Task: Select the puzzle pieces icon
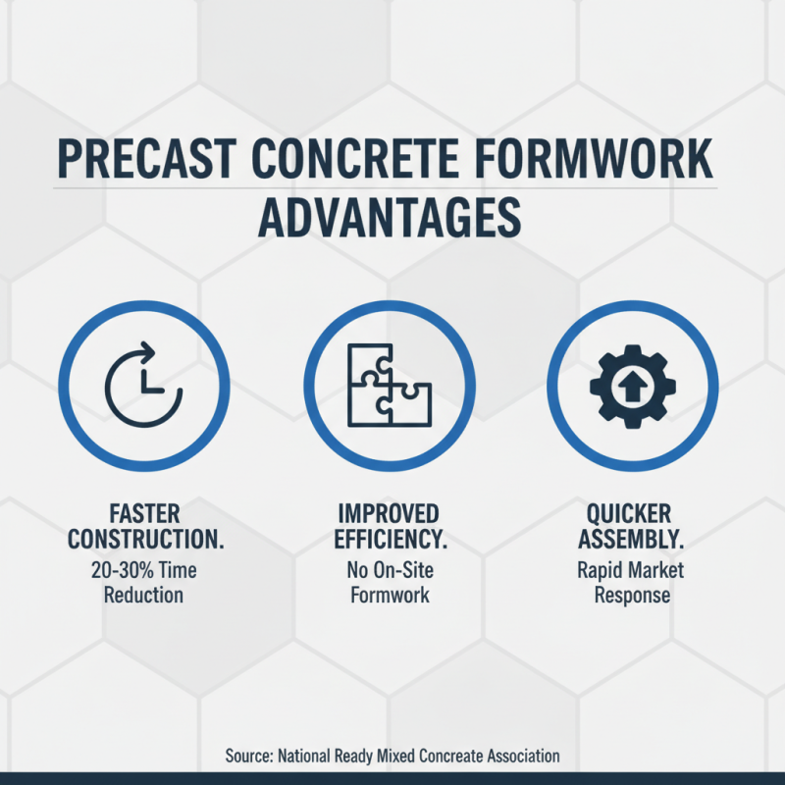tap(389, 385)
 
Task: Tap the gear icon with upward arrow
tap(632, 385)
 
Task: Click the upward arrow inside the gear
tap(632, 387)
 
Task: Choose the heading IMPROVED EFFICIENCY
tap(389, 527)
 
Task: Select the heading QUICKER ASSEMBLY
tap(632, 527)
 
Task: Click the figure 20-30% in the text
tap(121, 570)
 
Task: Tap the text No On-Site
tap(389, 570)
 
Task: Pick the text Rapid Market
tap(632, 570)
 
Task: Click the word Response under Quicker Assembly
tap(632, 596)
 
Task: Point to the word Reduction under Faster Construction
tap(143, 596)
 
